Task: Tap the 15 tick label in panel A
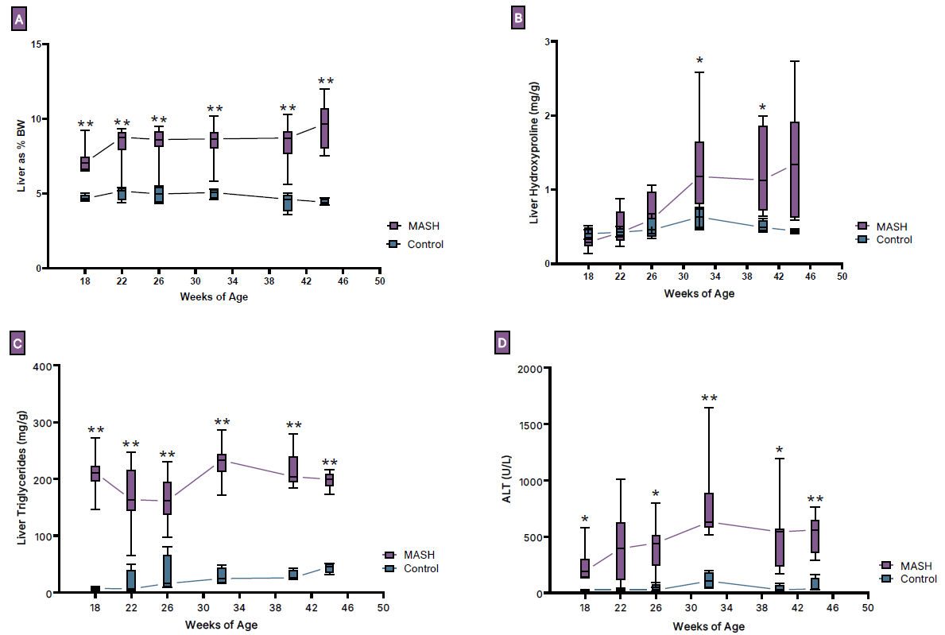pyautogui.click(x=35, y=45)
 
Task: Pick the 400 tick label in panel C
pyautogui.click(x=39, y=366)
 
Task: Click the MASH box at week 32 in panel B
pyautogui.click(x=699, y=172)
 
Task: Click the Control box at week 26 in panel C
pyautogui.click(x=168, y=571)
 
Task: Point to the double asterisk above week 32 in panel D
pyautogui.click(x=709, y=398)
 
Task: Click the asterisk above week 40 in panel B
pyautogui.click(x=763, y=108)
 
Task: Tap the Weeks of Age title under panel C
pyautogui.click(x=221, y=625)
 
